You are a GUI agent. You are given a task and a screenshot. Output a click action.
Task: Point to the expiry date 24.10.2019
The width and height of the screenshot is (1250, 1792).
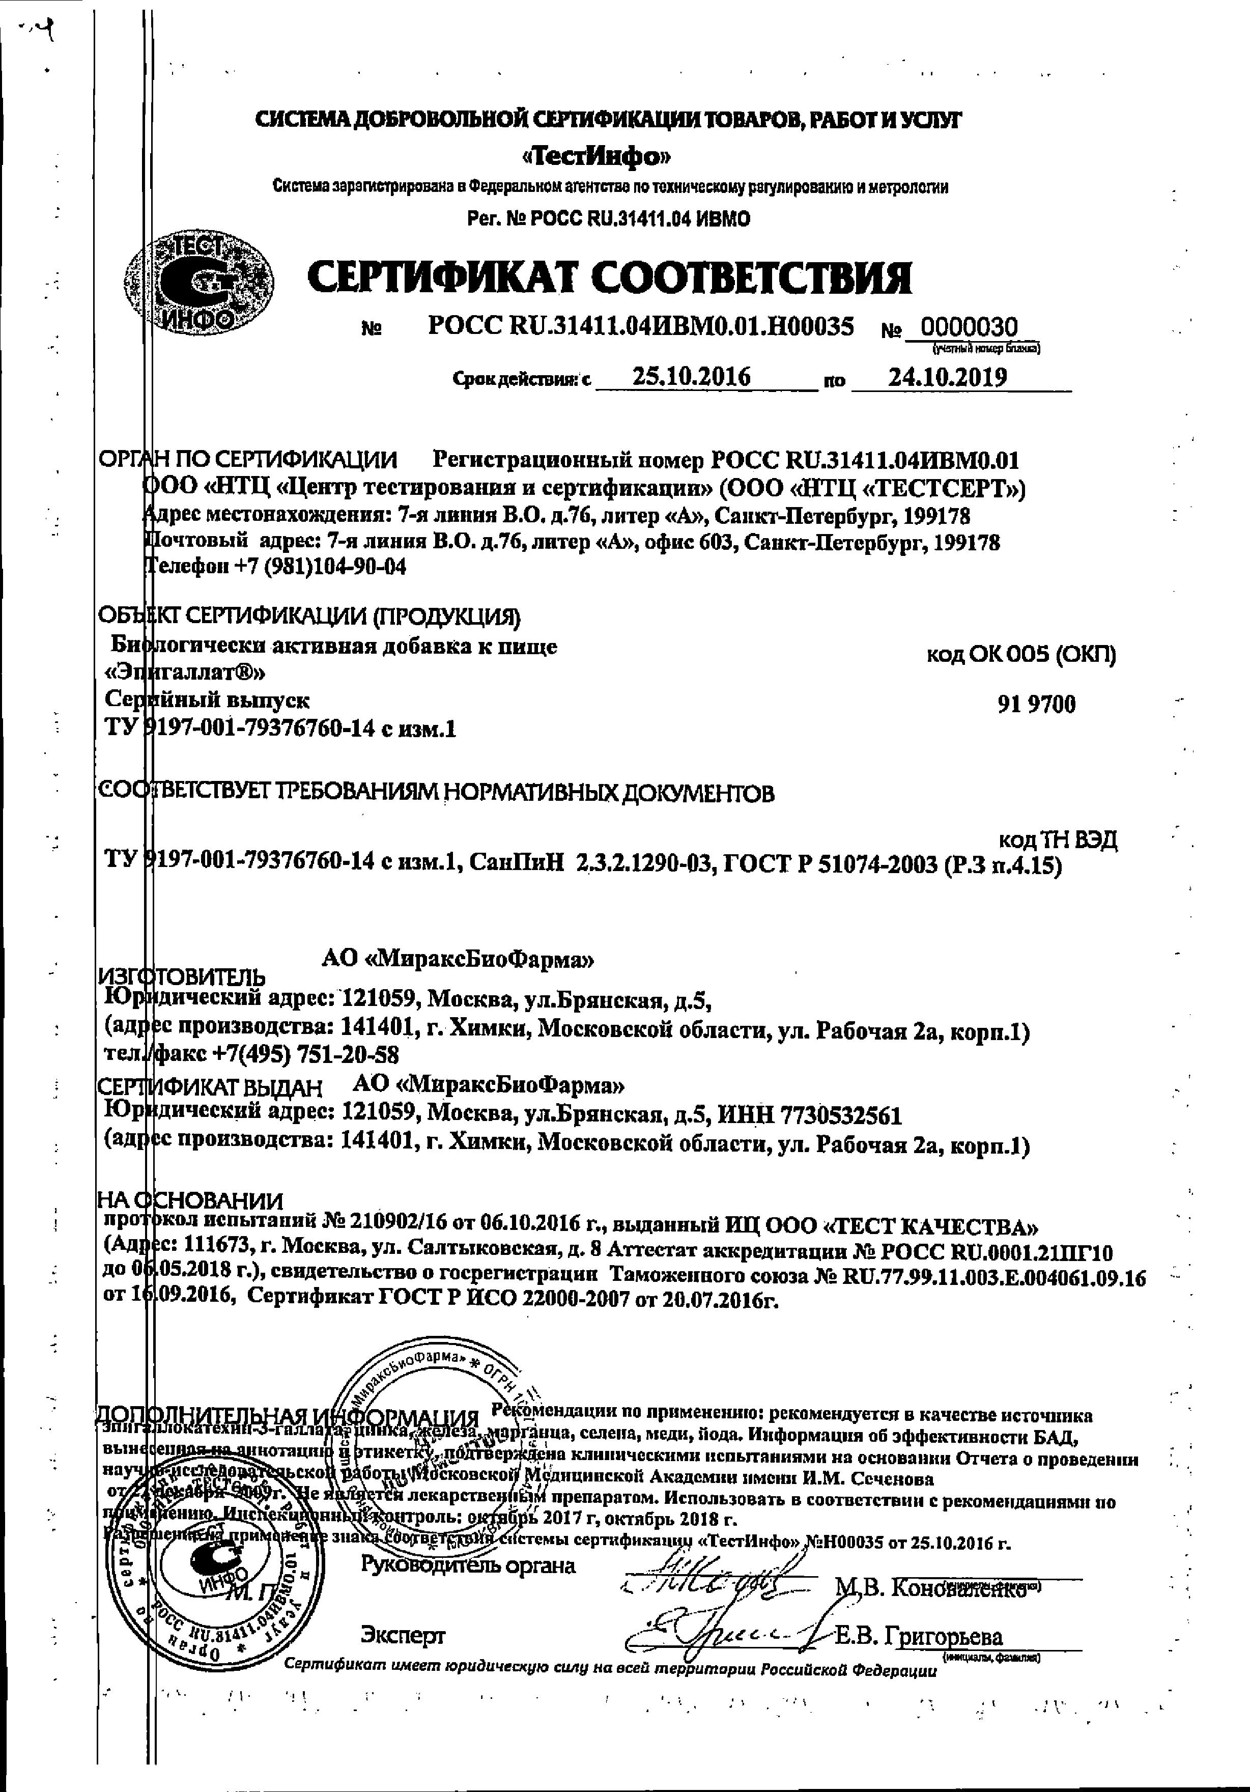[x=948, y=378]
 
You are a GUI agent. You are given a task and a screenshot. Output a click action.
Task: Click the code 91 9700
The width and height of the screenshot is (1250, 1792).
[x=1036, y=704]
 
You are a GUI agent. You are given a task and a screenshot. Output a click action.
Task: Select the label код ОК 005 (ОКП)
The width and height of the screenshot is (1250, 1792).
[x=1020, y=654]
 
